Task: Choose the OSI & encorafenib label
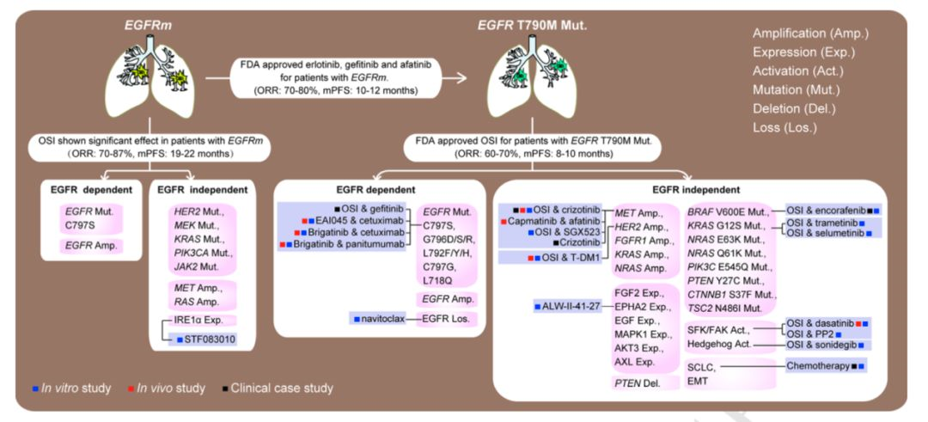point(829,210)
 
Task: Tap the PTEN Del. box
point(636,382)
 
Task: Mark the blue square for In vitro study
point(34,388)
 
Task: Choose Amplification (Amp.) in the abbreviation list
point(810,33)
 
